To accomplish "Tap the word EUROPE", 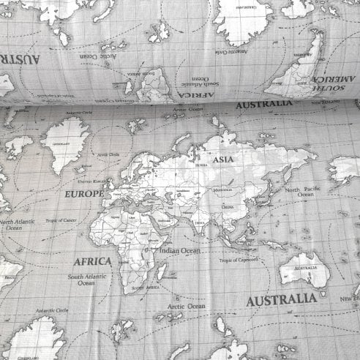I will click(84, 195).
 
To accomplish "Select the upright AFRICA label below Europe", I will click(93, 260).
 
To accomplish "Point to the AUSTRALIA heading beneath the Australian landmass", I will click(281, 300).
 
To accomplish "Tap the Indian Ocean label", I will click(180, 251).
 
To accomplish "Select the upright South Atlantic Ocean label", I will click(86, 280).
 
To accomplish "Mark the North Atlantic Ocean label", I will click(16, 224).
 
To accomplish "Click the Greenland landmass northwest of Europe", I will click(66, 143).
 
